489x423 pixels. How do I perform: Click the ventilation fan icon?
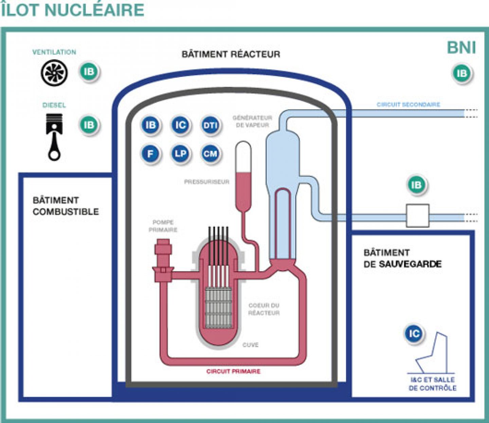tap(54, 73)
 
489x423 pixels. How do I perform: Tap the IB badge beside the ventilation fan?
tap(89, 72)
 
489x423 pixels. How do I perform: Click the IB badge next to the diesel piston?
tap(89, 125)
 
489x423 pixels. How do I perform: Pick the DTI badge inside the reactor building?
tap(210, 125)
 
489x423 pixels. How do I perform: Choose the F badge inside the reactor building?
tap(150, 154)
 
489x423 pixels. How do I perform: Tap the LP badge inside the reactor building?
tap(180, 154)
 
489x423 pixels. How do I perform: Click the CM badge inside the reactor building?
tap(210, 154)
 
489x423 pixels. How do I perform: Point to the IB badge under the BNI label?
tap(462, 73)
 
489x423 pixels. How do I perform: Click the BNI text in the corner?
tap(461, 48)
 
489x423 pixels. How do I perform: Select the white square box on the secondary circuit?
tap(418, 215)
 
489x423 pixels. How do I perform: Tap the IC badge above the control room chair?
tap(414, 334)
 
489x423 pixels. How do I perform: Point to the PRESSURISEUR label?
tap(206, 182)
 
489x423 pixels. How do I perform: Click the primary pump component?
tap(163, 260)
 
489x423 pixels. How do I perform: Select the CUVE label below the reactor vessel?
tap(251, 345)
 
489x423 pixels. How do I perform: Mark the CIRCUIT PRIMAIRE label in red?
tap(233, 371)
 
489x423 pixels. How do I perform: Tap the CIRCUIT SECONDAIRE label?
tap(408, 104)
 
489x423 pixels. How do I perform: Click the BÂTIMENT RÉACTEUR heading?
tap(231, 54)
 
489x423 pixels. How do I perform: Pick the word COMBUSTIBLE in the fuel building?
tap(66, 211)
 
